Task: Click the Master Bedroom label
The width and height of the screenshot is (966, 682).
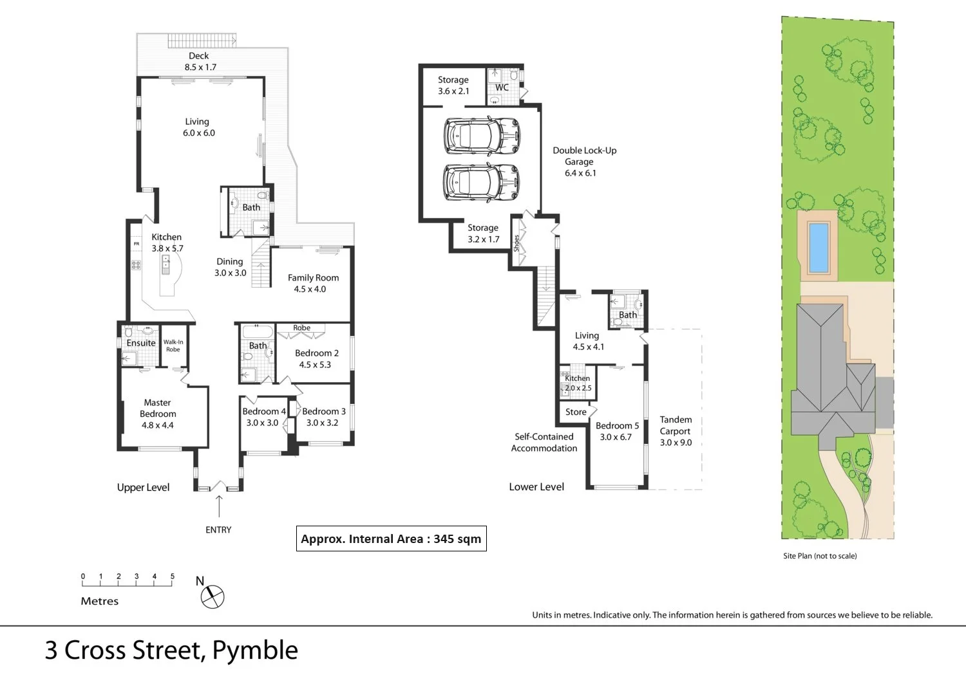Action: point(158,408)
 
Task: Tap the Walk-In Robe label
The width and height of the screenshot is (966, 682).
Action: point(173,346)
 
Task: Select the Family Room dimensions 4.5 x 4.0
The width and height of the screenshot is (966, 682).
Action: point(310,290)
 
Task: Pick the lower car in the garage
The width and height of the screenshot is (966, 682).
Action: point(482,182)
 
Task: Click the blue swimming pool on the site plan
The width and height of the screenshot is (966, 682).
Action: point(818,248)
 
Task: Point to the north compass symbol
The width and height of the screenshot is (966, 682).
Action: point(212,596)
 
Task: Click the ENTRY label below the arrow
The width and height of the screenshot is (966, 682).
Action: point(218,530)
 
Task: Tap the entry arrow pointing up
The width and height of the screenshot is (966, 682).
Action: point(219,506)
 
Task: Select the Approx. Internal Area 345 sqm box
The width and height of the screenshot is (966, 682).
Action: point(391,539)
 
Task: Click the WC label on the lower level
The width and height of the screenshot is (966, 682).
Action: point(502,88)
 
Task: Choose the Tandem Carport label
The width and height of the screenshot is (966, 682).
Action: point(676,425)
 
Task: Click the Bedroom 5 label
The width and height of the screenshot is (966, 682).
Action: point(617,425)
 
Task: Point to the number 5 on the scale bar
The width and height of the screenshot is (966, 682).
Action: point(173,576)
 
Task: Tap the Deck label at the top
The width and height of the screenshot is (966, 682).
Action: point(198,56)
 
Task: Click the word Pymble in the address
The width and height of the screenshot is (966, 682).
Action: point(255,650)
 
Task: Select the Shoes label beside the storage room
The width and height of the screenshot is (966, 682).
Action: point(516,243)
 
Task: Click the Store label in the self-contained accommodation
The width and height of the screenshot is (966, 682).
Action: point(576,412)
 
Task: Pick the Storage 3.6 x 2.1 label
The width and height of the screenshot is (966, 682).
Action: point(453,85)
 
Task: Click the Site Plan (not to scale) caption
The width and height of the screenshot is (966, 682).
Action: point(820,556)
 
